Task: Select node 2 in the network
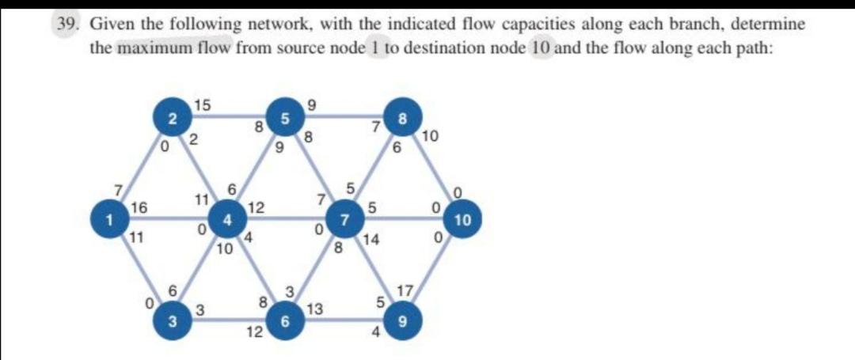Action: click(167, 119)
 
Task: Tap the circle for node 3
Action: click(167, 320)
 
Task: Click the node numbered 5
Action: click(284, 119)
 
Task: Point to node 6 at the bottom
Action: click(284, 320)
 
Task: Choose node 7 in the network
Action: click(344, 219)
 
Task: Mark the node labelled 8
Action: click(404, 119)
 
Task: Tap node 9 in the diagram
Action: click(404, 320)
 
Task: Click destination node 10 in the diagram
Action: click(463, 219)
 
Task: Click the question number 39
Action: click(68, 25)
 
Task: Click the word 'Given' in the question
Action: click(112, 25)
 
